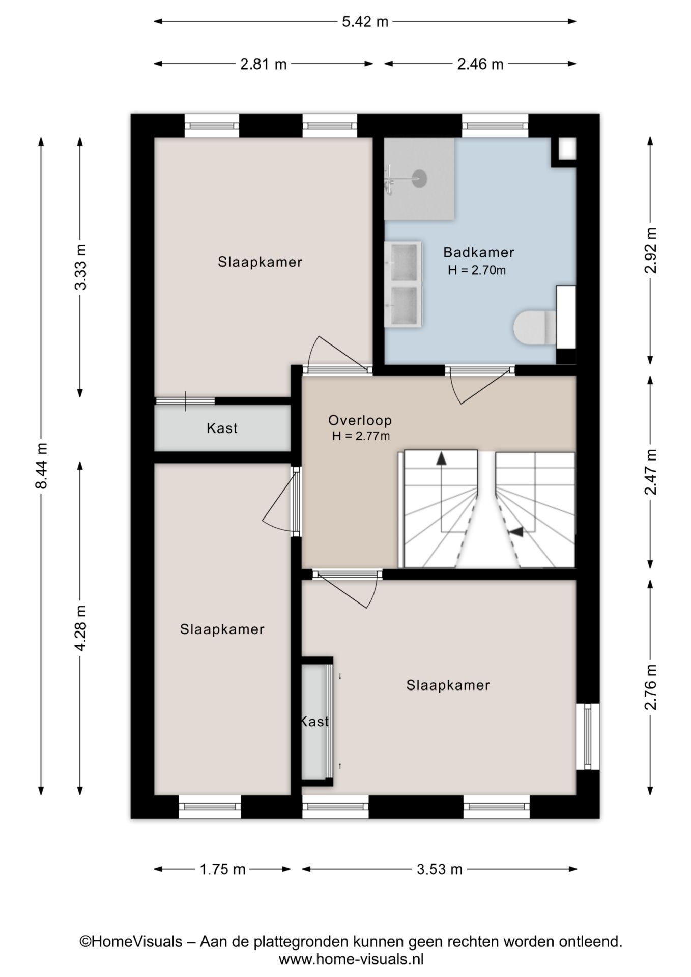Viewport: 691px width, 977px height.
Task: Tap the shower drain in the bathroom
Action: [x=419, y=178]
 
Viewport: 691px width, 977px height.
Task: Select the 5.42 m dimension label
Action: [x=365, y=22]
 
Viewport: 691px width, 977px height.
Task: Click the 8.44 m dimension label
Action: [x=41, y=465]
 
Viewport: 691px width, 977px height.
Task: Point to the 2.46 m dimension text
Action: [x=480, y=64]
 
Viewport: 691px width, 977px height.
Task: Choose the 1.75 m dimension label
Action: [x=222, y=869]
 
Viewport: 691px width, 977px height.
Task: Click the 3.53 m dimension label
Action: [x=440, y=869]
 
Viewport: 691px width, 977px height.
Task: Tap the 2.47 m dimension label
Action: [x=650, y=472]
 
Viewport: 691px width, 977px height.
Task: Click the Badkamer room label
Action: [x=478, y=252]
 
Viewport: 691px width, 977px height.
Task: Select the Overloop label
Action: [x=360, y=420]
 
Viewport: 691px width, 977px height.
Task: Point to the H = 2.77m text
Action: [x=361, y=436]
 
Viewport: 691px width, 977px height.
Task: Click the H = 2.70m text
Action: [x=477, y=270]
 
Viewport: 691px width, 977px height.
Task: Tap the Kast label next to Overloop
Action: [x=222, y=428]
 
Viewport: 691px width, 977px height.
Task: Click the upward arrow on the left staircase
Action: [x=441, y=458]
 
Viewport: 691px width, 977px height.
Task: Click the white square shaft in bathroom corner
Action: [x=567, y=148]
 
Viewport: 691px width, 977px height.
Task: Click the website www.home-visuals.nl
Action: [x=351, y=960]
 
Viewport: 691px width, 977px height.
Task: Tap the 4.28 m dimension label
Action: [x=80, y=628]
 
